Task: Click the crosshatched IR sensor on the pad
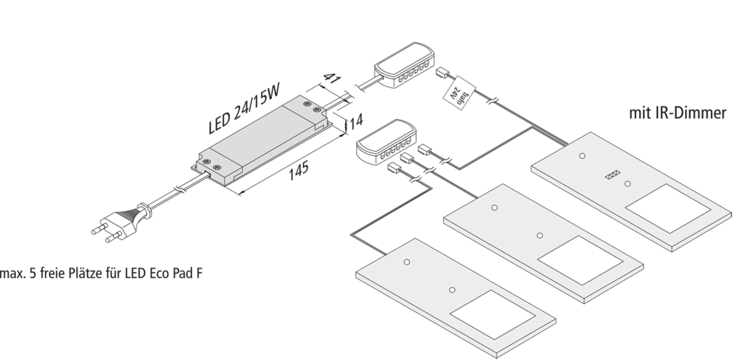point(611,175)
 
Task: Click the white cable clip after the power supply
point(352,92)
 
